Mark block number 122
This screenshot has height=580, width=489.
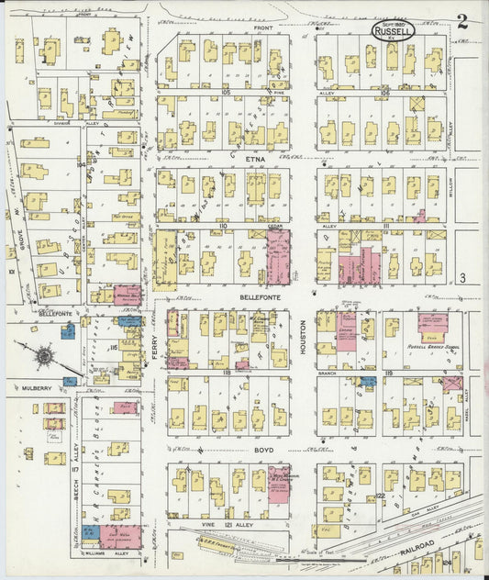click(x=380, y=495)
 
